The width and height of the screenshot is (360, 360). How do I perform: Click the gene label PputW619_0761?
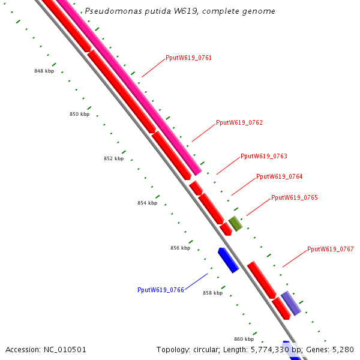click(188, 58)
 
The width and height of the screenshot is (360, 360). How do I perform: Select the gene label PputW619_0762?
click(239, 122)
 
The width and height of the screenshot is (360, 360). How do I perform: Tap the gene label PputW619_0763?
click(264, 156)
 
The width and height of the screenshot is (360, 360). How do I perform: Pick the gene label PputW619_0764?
click(279, 176)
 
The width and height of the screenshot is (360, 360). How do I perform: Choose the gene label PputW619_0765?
click(295, 197)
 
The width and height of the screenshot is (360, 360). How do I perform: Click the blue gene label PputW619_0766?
click(160, 290)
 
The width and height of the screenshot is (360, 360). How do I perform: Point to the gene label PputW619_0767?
click(331, 249)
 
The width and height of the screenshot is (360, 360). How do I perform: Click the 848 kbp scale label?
click(44, 71)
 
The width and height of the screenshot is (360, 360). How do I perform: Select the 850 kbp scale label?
click(79, 114)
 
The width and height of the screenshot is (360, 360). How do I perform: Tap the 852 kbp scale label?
click(113, 158)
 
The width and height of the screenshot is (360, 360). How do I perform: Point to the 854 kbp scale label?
click(147, 203)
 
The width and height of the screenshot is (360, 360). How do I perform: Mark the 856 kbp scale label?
click(180, 248)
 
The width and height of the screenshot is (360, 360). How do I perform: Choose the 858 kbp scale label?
click(212, 293)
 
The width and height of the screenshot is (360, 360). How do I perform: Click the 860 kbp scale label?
click(244, 339)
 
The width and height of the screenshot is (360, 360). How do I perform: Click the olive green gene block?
click(235, 224)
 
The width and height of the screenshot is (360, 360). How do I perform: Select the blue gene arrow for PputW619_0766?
click(228, 260)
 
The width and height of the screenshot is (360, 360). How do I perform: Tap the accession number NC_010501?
click(66, 349)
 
